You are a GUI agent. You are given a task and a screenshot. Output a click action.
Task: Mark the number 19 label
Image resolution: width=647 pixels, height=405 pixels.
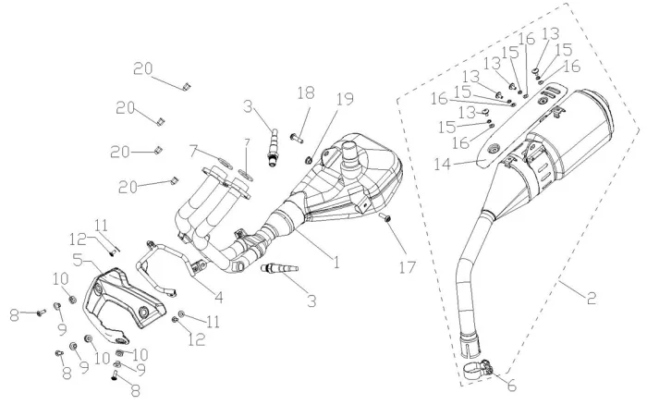tap(344, 99)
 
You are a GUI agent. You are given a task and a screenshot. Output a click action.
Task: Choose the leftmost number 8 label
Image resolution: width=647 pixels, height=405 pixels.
tap(14, 313)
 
